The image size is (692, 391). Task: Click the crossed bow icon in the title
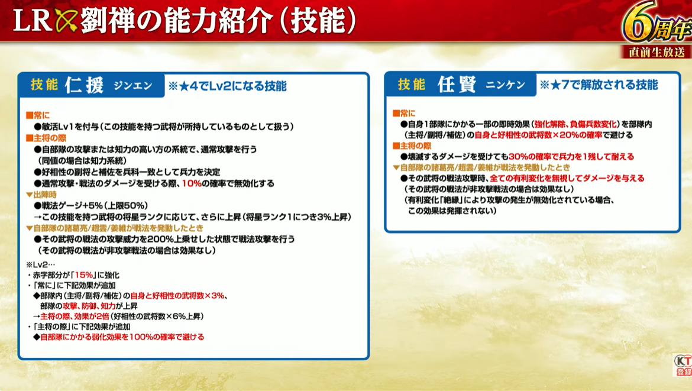click(66, 20)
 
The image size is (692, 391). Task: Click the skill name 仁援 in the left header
click(85, 85)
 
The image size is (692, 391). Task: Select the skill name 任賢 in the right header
click(457, 84)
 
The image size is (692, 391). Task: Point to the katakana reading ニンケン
click(505, 85)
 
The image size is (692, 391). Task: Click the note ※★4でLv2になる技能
click(227, 86)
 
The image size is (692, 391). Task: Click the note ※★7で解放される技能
click(599, 84)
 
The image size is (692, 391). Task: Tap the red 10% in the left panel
click(192, 183)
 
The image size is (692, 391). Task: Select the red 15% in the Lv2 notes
click(84, 275)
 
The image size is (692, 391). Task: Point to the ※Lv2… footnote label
click(40, 265)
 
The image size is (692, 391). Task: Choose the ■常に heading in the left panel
click(37, 115)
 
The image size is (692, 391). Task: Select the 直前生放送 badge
click(657, 52)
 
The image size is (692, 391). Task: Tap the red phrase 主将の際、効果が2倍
click(74, 316)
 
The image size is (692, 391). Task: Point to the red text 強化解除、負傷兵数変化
click(575, 124)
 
